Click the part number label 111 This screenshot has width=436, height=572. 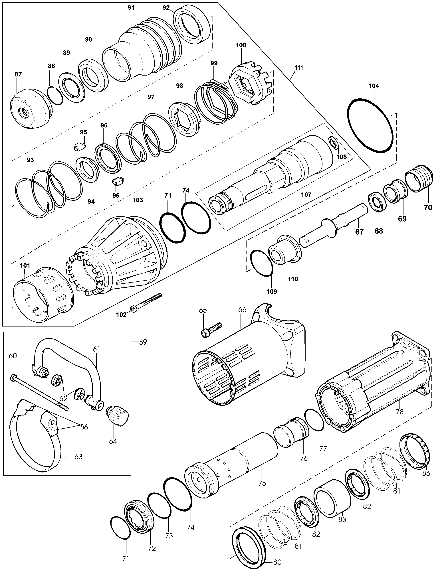pyautogui.click(x=299, y=68)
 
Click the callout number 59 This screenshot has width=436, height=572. pyautogui.click(x=143, y=342)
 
